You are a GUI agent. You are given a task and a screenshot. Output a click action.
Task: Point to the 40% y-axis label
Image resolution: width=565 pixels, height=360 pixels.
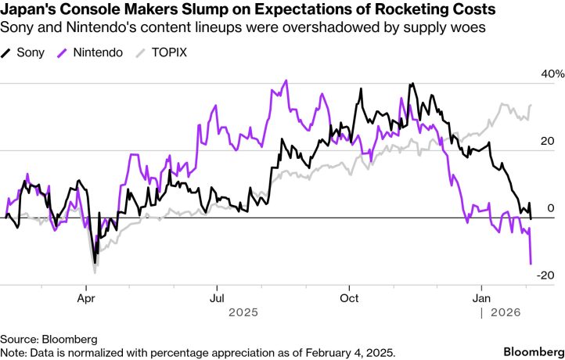pos(545,74)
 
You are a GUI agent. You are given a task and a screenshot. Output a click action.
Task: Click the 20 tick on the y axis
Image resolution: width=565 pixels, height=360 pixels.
pos(548,142)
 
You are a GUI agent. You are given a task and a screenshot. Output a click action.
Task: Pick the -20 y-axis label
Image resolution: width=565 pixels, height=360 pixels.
pos(546,275)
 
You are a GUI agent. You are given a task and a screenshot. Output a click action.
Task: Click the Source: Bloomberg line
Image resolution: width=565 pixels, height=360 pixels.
pos(49,339)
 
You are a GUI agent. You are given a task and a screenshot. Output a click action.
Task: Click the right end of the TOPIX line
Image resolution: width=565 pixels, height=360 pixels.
pos(531,105)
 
